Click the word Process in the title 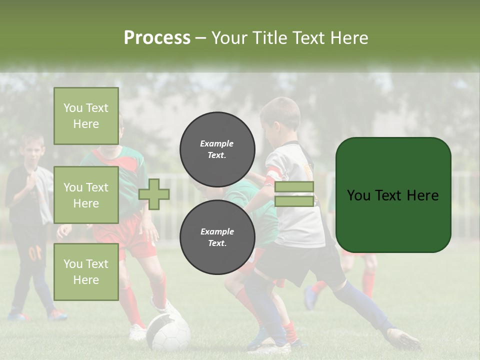click(x=157, y=38)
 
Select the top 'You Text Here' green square click(x=86, y=116)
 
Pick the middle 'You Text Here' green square click(x=86, y=195)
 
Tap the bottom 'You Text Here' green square click(x=86, y=271)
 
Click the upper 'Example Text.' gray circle click(x=217, y=149)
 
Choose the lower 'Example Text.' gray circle click(x=217, y=237)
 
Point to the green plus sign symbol click(x=154, y=194)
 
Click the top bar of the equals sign click(x=294, y=187)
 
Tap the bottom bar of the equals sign click(x=294, y=201)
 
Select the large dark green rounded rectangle click(x=393, y=195)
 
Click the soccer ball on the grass click(x=168, y=332)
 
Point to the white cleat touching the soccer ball click(x=165, y=308)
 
